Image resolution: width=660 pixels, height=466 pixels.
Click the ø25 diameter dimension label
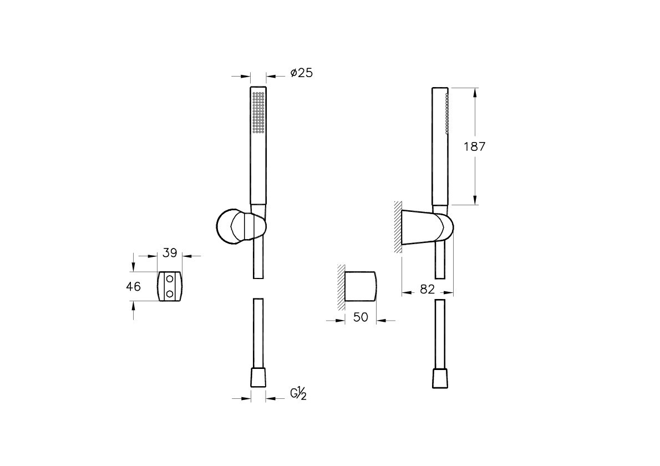click(301, 73)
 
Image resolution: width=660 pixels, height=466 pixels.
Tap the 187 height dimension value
click(474, 146)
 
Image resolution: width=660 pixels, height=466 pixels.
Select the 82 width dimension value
click(427, 289)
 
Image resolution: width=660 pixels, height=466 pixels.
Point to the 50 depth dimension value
click(361, 317)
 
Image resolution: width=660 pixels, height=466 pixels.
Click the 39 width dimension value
click(170, 253)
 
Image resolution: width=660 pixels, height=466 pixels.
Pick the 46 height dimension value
click(134, 287)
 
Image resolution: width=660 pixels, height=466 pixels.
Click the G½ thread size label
click(298, 394)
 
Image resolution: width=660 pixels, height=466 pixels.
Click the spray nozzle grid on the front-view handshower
click(258, 112)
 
